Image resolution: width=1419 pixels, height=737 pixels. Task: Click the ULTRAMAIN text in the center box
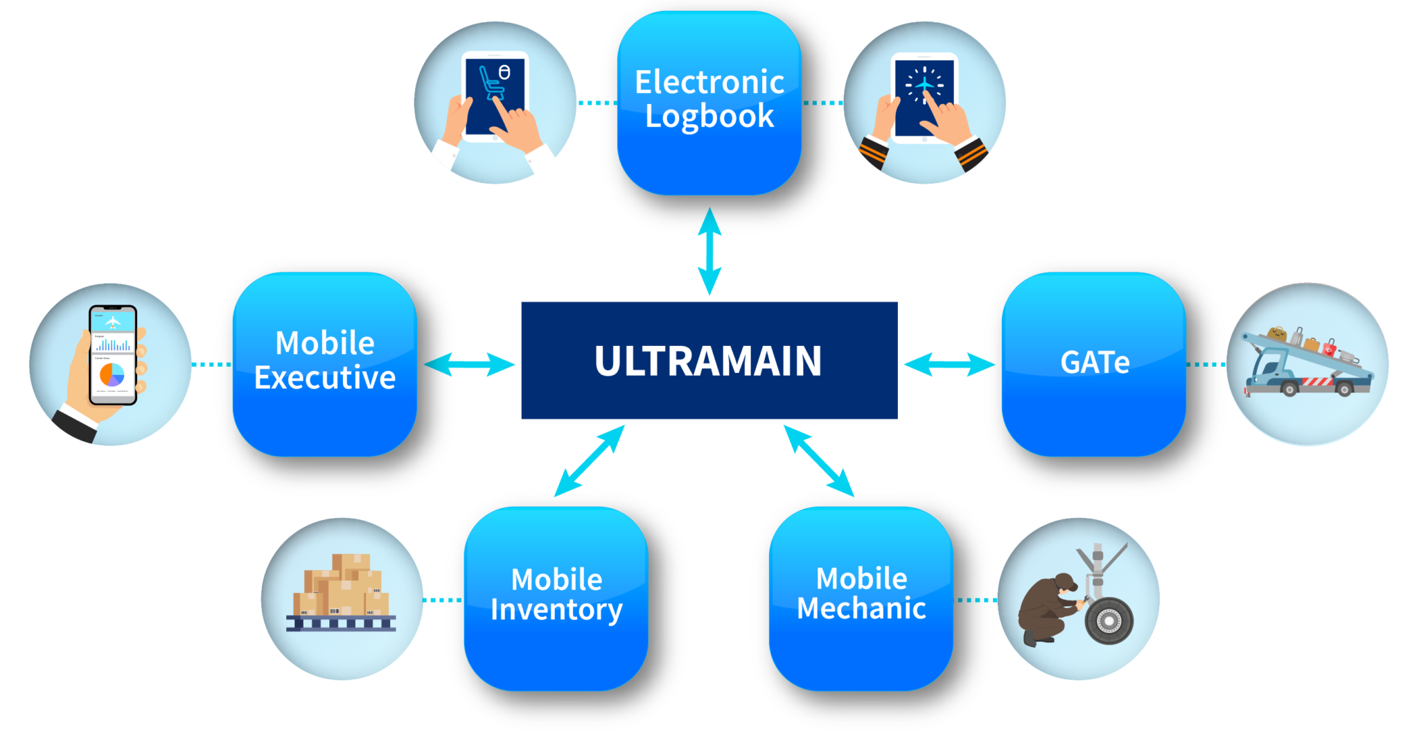[708, 361]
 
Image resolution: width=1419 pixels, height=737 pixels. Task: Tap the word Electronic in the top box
[709, 83]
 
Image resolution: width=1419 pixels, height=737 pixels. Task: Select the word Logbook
[709, 116]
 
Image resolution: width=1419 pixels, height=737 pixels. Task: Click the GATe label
[1095, 363]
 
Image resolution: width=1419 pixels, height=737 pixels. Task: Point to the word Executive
[325, 378]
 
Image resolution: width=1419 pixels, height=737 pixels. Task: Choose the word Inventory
[556, 610]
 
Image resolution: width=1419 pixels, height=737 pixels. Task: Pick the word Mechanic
[861, 609]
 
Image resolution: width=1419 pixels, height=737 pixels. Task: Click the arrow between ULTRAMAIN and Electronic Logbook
[709, 251]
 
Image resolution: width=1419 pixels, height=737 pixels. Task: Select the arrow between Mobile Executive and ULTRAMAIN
[469, 364]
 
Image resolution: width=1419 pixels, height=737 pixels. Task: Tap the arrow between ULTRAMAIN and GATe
[949, 364]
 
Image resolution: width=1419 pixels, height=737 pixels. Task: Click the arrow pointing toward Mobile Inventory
[589, 461]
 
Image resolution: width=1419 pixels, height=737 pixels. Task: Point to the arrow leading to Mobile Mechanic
[819, 461]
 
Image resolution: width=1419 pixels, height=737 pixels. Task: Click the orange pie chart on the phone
[112, 374]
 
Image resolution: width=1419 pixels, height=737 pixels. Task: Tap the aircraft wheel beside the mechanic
[1109, 621]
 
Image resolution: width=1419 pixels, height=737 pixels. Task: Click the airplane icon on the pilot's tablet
[924, 85]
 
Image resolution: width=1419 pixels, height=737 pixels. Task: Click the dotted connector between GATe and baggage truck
[1206, 364]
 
